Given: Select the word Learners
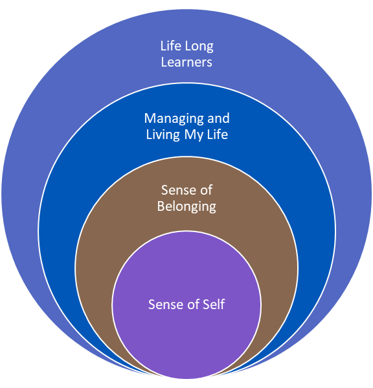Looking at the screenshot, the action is (x=186, y=62).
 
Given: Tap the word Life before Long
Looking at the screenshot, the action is (x=171, y=46).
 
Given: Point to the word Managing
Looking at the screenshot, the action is (x=174, y=119).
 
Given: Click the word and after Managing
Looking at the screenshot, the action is (x=218, y=118).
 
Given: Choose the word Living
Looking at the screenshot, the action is (x=163, y=135).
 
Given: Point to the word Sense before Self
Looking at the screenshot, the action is (x=164, y=305).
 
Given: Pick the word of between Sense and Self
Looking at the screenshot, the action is (x=191, y=305).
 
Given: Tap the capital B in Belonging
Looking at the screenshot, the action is (x=161, y=206).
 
